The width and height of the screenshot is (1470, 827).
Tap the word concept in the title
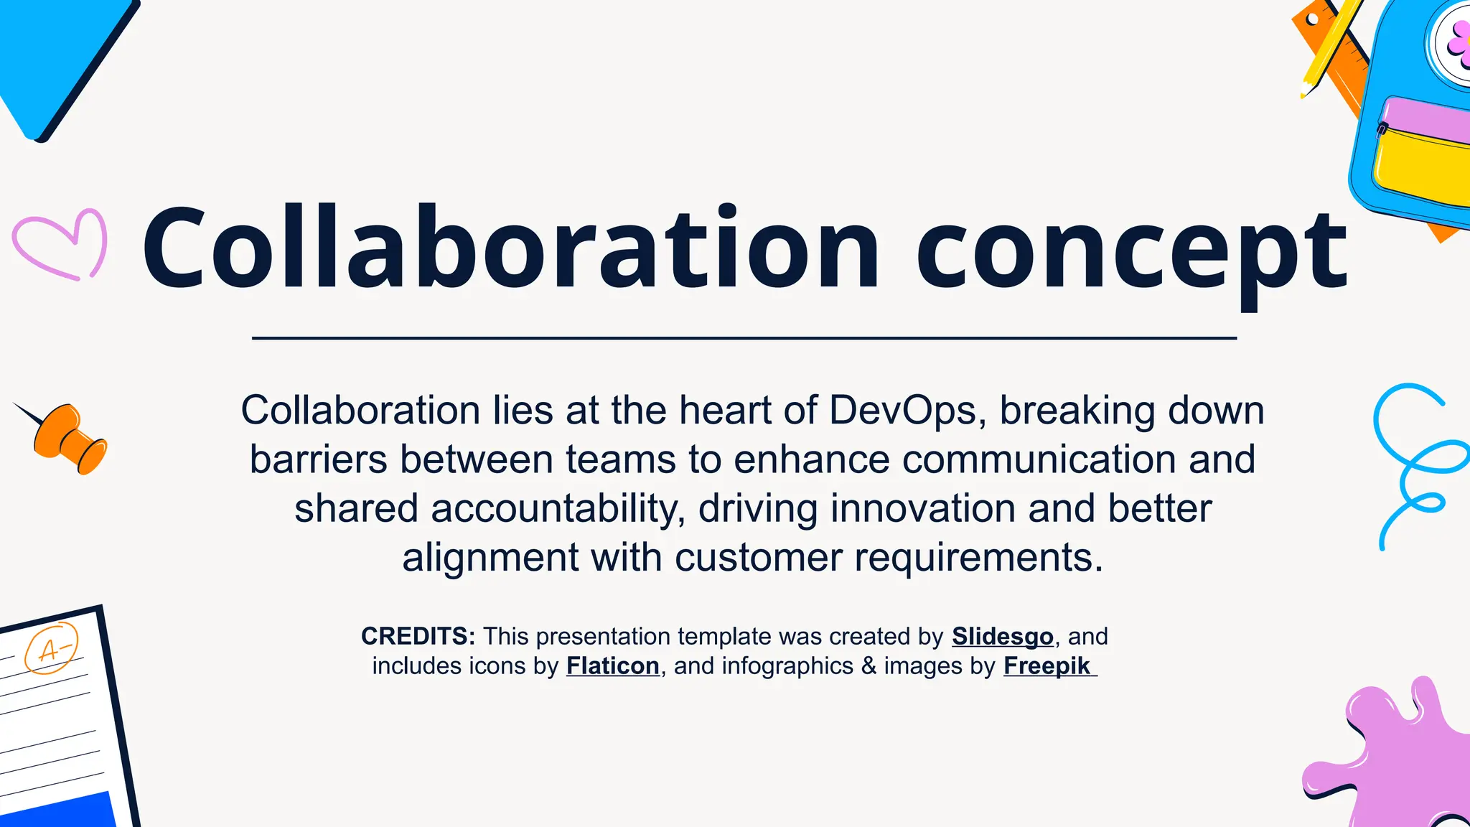[x=1132, y=251]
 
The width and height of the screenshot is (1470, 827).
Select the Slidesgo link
[x=1002, y=636]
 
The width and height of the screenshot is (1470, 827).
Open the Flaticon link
[x=612, y=666]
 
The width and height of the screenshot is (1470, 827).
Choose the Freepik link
[x=1047, y=666]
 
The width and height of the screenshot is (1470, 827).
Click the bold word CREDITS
[x=417, y=636]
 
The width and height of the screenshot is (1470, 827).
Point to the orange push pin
[x=70, y=438]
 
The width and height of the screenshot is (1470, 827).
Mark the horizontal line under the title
[x=744, y=337]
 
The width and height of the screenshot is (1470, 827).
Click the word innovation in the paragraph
[x=923, y=508]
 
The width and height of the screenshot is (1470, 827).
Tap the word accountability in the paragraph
[x=557, y=508]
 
